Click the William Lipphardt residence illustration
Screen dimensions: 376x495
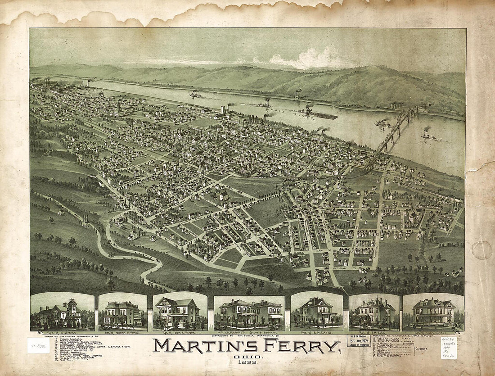click(122, 312)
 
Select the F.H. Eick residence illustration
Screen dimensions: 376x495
click(374, 311)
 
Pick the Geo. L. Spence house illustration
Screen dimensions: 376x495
click(433, 311)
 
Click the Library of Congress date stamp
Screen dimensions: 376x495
click(359, 341)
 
